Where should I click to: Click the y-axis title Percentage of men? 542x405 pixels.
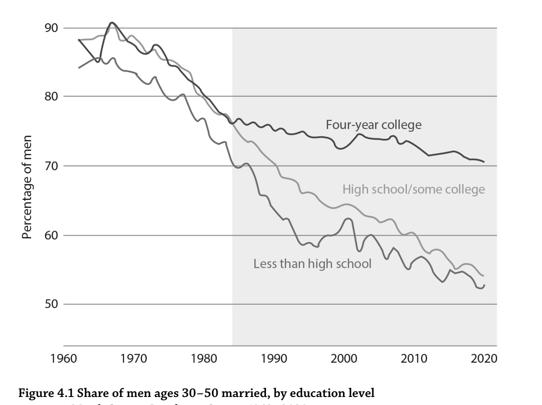[27, 187]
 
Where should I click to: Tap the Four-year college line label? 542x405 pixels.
[373, 125]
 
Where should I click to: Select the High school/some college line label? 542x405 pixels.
[413, 190]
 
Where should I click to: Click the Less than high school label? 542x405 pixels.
[312, 263]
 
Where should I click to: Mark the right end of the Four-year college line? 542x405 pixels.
[484, 162]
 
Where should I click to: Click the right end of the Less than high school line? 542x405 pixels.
[484, 285]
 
